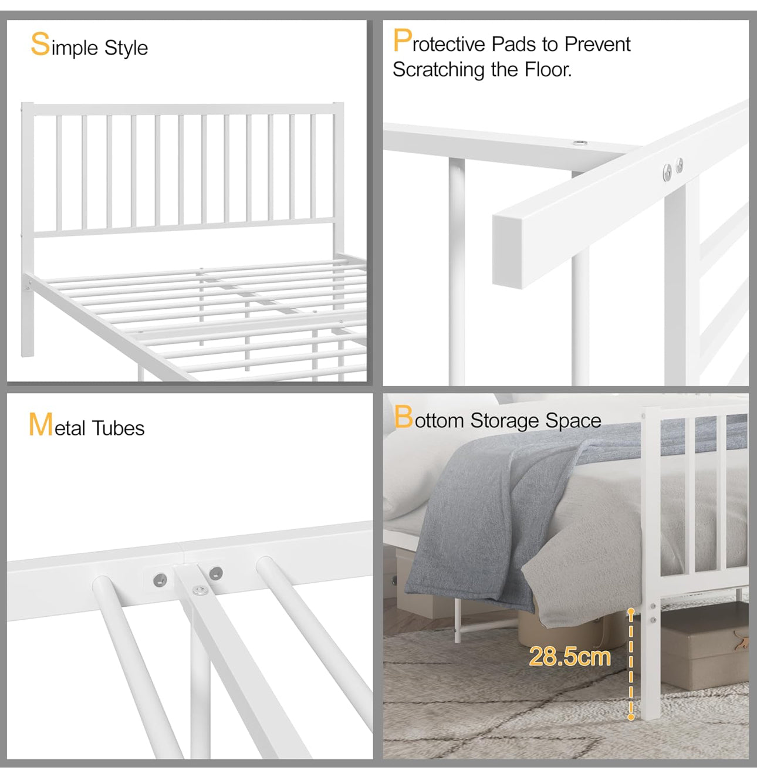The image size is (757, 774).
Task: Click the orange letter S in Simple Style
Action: [x=40, y=45]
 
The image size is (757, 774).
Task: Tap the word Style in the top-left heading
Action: [x=126, y=48]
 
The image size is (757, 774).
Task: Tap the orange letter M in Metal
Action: [x=40, y=425]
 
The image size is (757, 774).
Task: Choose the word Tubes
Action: [x=118, y=428]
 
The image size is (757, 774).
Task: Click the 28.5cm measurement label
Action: [x=569, y=656]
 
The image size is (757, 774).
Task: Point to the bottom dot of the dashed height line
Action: [x=631, y=716]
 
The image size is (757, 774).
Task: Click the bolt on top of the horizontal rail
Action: [x=581, y=143]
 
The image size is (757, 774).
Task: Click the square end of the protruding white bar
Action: [x=507, y=251]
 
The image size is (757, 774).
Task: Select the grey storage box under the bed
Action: [x=704, y=651]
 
